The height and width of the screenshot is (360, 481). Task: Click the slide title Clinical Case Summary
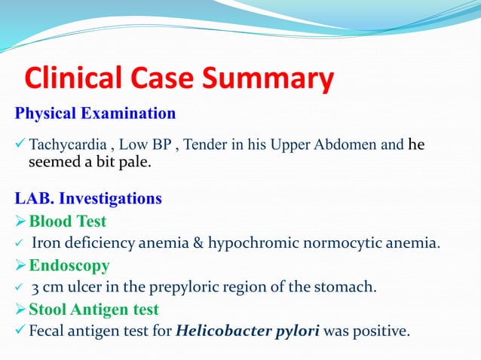click(179, 79)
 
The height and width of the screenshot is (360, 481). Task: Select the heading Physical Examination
click(96, 114)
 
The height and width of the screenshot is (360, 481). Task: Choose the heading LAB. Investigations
click(88, 200)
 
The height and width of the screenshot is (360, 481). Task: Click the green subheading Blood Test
click(67, 221)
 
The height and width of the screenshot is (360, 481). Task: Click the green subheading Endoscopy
click(69, 265)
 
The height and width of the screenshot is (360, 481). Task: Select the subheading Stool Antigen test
click(93, 310)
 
